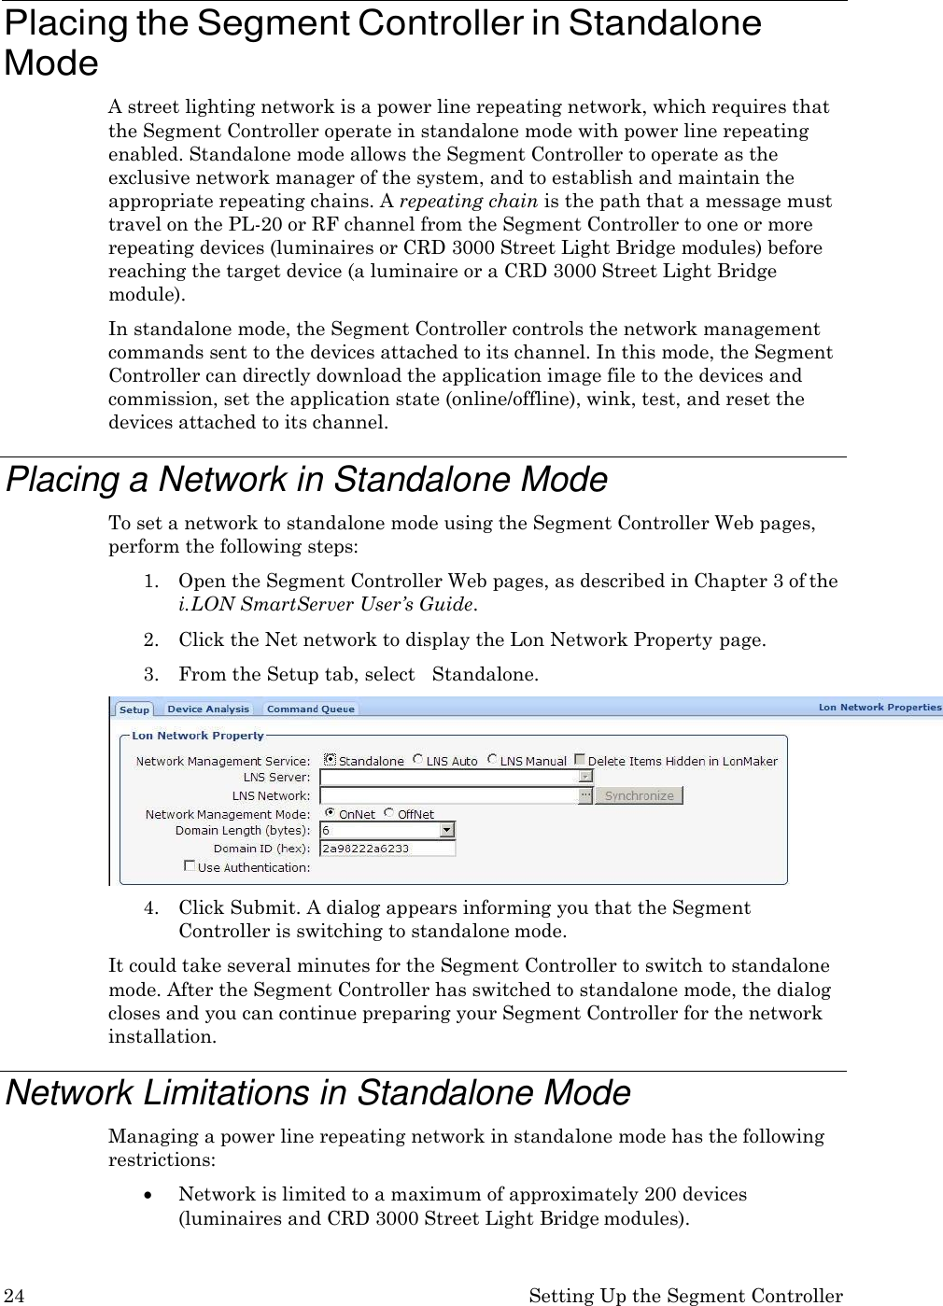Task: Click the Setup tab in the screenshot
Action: (134, 709)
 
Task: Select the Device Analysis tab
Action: (208, 709)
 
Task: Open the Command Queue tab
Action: (311, 709)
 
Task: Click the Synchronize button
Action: (639, 796)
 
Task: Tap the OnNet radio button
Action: (330, 814)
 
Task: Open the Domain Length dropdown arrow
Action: (447, 830)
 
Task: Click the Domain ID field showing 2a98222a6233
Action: (387, 849)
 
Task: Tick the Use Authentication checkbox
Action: (190, 866)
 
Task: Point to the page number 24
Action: (14, 1296)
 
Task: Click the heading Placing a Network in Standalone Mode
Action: (306, 480)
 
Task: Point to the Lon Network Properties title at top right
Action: (880, 708)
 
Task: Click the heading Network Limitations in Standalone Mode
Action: (318, 1093)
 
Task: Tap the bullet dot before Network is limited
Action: (150, 1196)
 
